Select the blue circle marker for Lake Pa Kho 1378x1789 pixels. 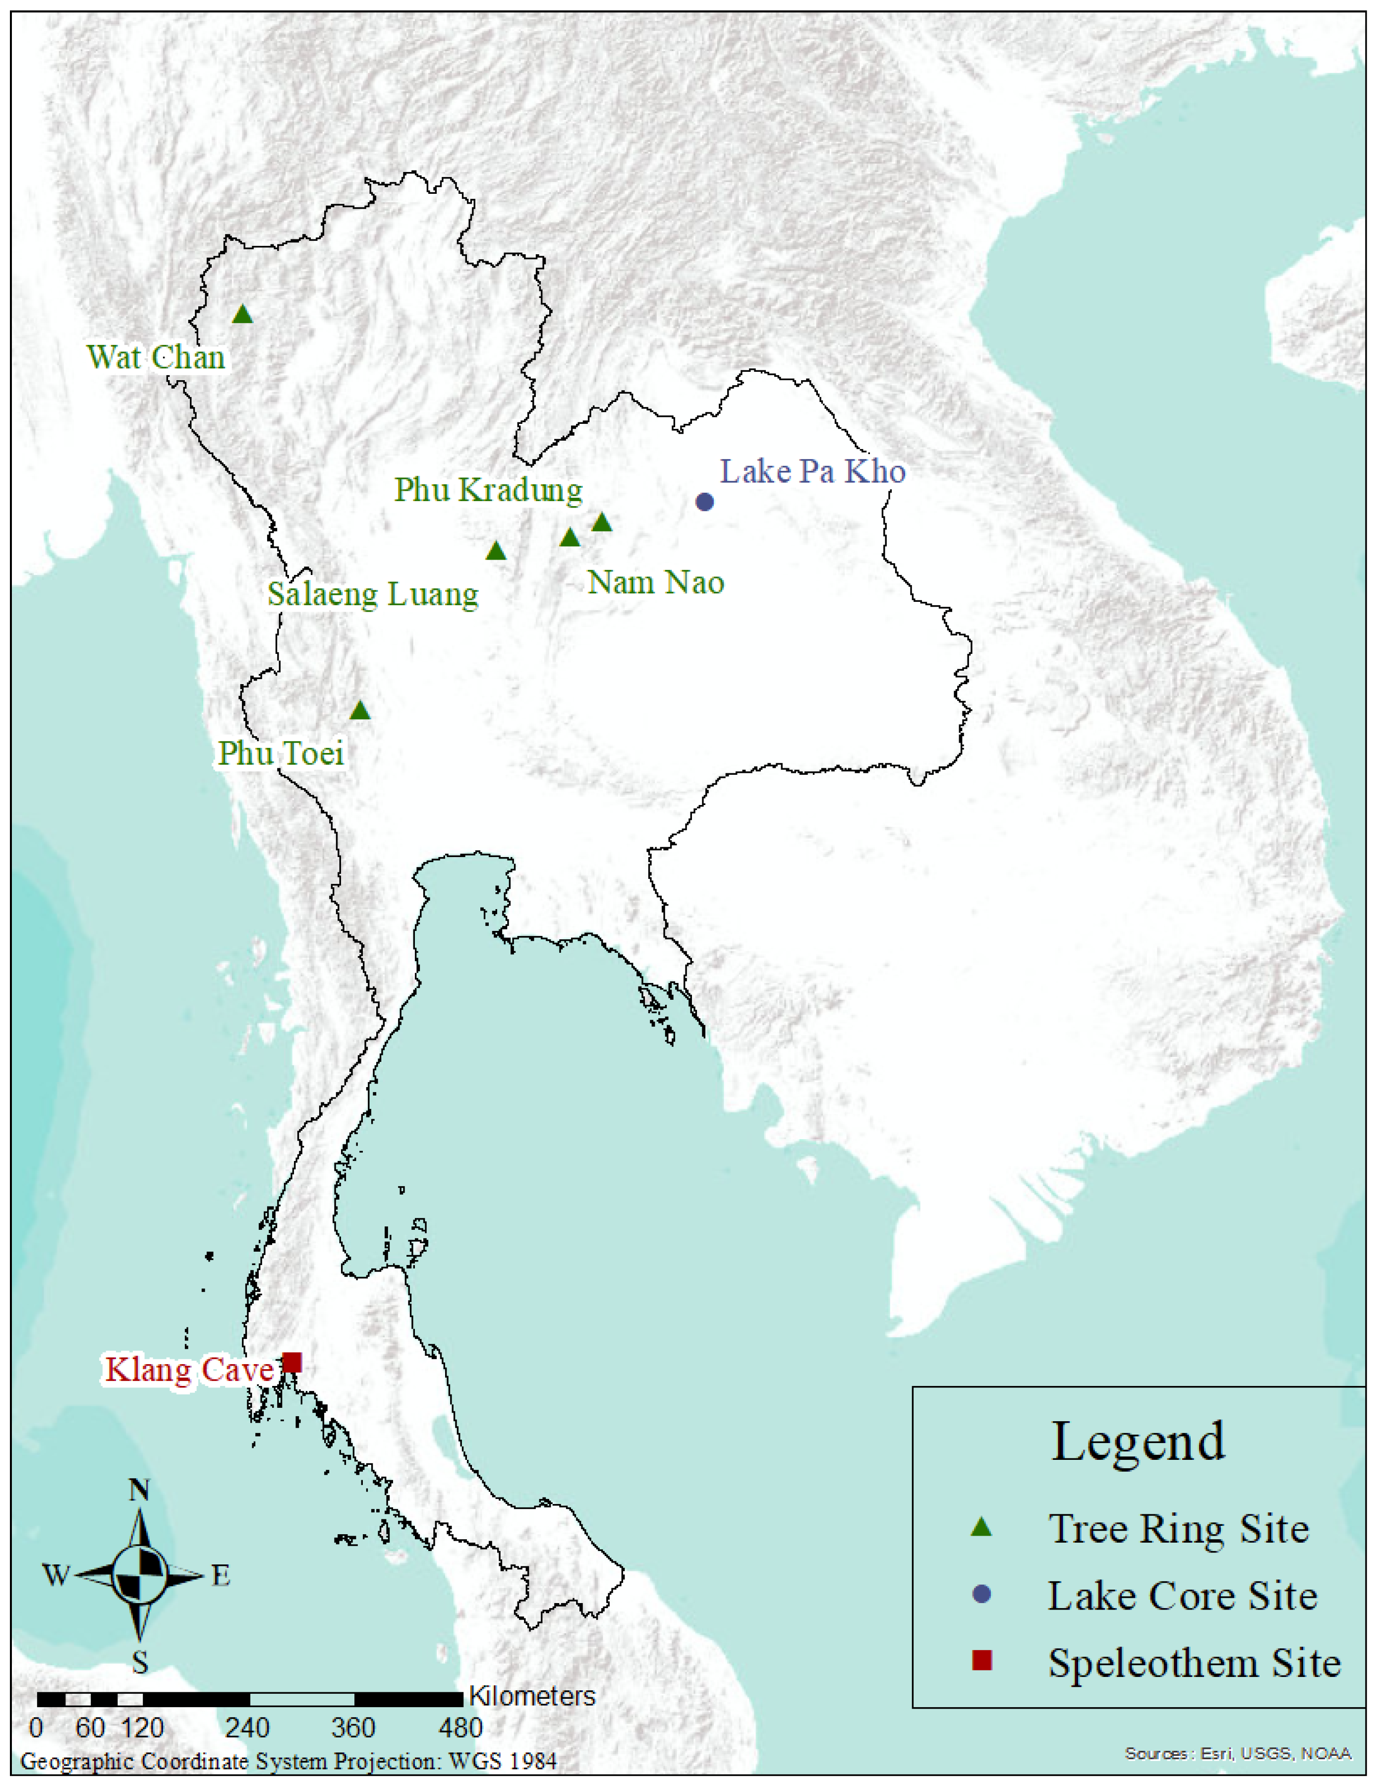(704, 501)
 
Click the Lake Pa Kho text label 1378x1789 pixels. (813, 472)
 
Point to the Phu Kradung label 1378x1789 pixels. (488, 490)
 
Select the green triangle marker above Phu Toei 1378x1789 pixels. (360, 711)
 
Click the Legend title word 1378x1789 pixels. (1138, 1441)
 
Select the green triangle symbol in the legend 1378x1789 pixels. (980, 1528)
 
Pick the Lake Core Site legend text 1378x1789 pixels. (1182, 1596)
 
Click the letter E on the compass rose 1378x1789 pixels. (221, 1576)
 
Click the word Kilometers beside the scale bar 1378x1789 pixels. (532, 1696)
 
